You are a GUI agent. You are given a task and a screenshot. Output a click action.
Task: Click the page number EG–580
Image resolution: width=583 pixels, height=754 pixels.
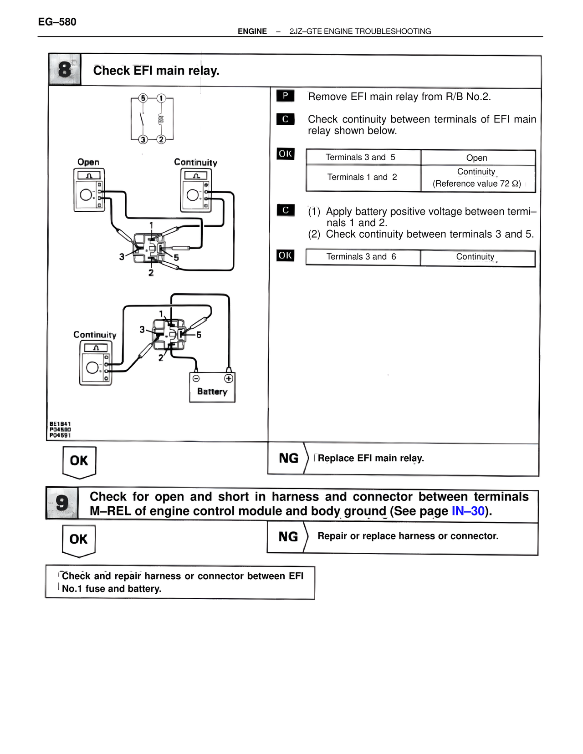[x=57, y=22]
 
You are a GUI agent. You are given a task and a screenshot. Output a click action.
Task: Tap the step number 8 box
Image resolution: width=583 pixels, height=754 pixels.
[x=65, y=70]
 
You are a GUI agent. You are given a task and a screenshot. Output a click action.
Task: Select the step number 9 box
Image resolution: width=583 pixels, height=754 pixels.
[x=62, y=503]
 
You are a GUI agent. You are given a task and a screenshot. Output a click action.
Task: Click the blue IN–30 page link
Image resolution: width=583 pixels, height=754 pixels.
[x=468, y=511]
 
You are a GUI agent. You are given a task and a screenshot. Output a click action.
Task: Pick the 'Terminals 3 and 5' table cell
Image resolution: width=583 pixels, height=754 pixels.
[x=360, y=158]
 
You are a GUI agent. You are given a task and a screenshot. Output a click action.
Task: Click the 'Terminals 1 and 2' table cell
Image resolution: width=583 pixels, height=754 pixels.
[x=362, y=178]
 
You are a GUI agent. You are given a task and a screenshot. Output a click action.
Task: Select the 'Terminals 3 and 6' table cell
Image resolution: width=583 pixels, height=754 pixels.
[x=361, y=257]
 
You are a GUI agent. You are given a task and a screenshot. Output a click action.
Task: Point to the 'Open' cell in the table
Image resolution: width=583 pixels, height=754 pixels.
[x=476, y=158]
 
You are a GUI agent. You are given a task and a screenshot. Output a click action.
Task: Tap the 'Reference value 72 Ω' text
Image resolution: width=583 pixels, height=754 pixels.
[x=476, y=184]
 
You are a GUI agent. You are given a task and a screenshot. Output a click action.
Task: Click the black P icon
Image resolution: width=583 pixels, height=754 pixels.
[x=285, y=96]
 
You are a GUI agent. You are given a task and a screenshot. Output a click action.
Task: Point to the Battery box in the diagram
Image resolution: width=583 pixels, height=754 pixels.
[x=212, y=388]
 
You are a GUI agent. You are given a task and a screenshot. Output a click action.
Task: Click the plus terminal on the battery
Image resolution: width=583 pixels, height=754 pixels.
[x=229, y=378]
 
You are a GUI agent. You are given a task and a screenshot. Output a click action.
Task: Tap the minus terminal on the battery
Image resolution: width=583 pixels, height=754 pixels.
[x=196, y=378]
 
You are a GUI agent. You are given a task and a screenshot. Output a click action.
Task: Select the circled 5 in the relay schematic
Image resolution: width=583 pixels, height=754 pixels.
[x=143, y=98]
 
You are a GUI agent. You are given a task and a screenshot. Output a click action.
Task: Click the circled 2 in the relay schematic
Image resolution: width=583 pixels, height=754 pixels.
[x=161, y=139]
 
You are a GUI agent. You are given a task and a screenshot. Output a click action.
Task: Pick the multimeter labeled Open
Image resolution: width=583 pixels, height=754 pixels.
[x=89, y=190]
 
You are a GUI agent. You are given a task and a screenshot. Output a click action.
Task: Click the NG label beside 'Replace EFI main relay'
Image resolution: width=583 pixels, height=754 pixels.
[x=288, y=459]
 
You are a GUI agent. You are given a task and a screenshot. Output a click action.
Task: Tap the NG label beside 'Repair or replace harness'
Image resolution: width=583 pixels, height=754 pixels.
[x=288, y=537]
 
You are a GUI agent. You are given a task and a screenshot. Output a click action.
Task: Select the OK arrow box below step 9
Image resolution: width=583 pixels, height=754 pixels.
[x=78, y=540]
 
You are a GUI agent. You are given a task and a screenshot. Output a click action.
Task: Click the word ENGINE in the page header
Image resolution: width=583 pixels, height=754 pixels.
[x=252, y=31]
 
